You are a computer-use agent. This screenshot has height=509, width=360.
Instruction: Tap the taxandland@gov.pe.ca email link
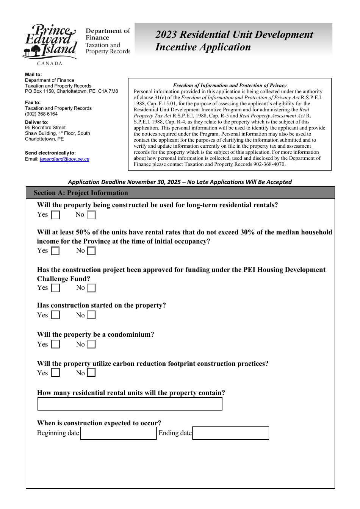(x=64, y=159)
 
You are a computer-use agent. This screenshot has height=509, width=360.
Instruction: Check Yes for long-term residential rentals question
(x=55, y=215)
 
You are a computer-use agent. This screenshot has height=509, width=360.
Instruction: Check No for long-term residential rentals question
(x=91, y=215)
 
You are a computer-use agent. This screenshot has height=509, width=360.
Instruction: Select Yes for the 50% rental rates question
(x=55, y=251)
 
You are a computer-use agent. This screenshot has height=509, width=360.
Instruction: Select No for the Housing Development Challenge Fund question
(x=91, y=288)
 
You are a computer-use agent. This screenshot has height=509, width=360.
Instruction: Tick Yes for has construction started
(x=55, y=315)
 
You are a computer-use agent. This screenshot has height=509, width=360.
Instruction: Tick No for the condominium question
(x=91, y=344)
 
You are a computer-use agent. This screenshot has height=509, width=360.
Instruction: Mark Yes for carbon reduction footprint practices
(x=55, y=373)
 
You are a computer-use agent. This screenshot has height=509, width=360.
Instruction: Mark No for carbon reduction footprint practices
(x=91, y=373)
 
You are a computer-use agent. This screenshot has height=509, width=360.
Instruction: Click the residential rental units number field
(x=130, y=404)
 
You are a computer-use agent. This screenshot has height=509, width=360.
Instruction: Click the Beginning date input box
(x=119, y=433)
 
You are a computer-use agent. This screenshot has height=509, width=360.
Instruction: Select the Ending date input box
(x=230, y=433)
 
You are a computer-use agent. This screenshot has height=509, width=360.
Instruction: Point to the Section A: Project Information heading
(x=81, y=193)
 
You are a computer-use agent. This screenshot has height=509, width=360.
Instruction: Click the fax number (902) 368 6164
(x=41, y=114)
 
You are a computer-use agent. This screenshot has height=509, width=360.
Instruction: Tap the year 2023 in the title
(x=166, y=34)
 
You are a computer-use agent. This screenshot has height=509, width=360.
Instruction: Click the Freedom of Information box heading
(x=230, y=86)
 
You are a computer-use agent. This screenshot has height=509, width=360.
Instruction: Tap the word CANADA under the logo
(x=50, y=63)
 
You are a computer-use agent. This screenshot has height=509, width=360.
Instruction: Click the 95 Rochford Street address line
(x=45, y=128)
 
